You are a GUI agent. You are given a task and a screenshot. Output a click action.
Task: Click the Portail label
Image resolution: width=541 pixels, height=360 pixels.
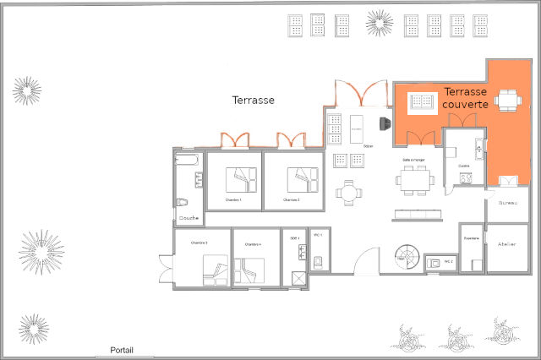pyautogui.click(x=122, y=350)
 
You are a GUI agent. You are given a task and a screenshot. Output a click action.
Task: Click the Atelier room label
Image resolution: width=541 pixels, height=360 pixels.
pyautogui.click(x=507, y=244)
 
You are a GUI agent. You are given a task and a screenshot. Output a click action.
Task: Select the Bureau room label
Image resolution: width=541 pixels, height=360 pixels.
pyautogui.click(x=508, y=204)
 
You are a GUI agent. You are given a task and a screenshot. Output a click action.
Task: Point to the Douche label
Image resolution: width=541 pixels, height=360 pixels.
pyautogui.click(x=189, y=218)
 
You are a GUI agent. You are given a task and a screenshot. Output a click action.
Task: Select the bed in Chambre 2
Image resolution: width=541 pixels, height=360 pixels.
pyautogui.click(x=303, y=179)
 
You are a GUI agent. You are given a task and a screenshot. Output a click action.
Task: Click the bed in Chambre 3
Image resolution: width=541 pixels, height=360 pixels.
pyautogui.click(x=214, y=272)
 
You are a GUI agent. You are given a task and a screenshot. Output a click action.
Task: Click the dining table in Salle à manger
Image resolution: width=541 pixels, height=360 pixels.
pyautogui.click(x=414, y=179)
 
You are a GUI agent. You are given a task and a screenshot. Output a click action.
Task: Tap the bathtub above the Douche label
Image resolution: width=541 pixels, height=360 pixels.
pyautogui.click(x=188, y=158)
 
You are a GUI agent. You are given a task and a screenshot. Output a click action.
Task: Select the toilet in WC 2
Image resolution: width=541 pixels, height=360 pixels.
pyautogui.click(x=434, y=263)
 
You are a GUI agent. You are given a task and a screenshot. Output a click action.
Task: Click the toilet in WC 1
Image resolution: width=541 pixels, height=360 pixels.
pyautogui.click(x=318, y=261)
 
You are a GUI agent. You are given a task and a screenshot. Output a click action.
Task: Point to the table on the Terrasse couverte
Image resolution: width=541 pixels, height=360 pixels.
pyautogui.click(x=508, y=100)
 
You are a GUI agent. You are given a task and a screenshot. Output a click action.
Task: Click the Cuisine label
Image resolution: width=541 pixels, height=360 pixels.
pyautogui.click(x=464, y=166)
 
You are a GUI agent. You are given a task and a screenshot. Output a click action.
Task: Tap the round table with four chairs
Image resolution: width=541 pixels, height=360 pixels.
pyautogui.click(x=348, y=192)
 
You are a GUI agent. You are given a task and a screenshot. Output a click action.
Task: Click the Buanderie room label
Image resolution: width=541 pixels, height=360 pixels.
pyautogui.click(x=472, y=238)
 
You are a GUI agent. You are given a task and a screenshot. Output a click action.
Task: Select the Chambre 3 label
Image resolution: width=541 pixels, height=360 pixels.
pyautogui.click(x=199, y=243)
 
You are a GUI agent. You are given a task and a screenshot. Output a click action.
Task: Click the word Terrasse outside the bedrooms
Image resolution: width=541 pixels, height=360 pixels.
pyautogui.click(x=253, y=100)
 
